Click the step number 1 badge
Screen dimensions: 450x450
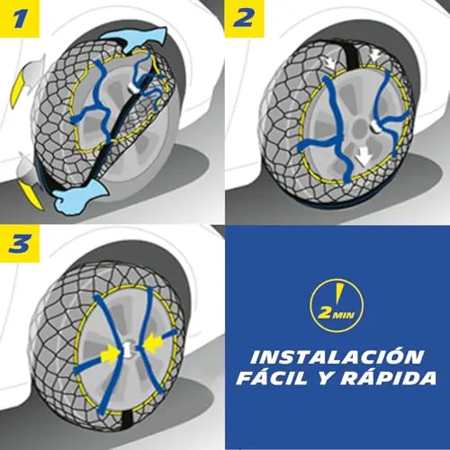pos(20,19)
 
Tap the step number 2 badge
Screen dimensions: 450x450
pos(245,19)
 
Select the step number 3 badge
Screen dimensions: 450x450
pos(20,244)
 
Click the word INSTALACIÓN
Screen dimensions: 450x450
pos(337,356)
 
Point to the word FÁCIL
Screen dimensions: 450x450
pos(274,378)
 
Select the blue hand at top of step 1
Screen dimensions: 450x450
pos(133,39)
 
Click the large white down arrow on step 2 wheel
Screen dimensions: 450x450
pos(364,157)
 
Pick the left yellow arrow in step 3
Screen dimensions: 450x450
pos(111,355)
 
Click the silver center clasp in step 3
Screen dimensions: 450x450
pos(130,349)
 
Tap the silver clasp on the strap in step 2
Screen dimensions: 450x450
pos(375,126)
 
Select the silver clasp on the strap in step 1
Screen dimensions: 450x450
pos(132,87)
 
